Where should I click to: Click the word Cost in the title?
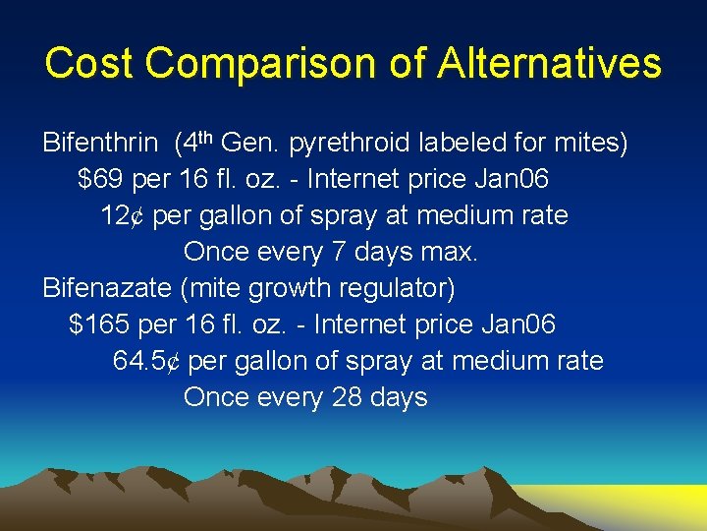pyautogui.click(x=93, y=64)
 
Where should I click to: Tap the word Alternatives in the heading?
pyautogui.click(x=550, y=64)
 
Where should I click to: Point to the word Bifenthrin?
pyautogui.click(x=99, y=144)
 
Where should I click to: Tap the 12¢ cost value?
pyautogui.click(x=123, y=216)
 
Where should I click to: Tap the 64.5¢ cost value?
pyautogui.click(x=146, y=362)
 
